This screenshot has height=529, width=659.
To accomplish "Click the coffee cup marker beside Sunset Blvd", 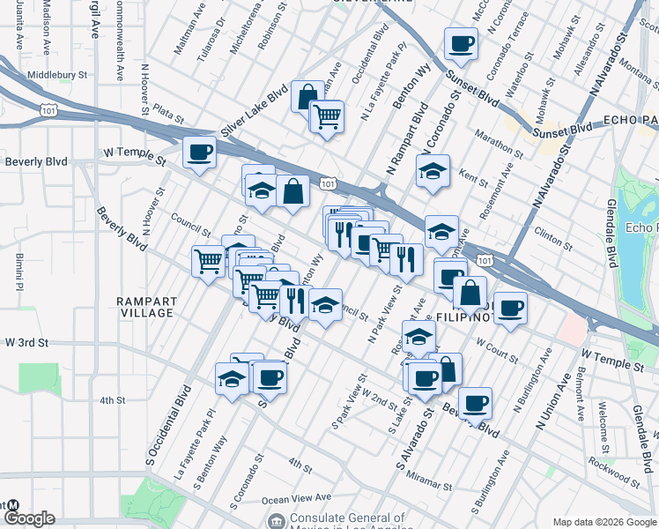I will pos(461,42).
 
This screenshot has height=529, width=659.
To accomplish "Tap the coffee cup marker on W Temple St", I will pos(198,152).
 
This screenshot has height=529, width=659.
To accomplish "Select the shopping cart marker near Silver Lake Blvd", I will pos(326,115).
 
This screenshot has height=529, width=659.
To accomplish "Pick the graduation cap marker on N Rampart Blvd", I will pos(433,170).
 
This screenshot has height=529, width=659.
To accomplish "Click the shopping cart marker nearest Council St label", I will pos(208,260).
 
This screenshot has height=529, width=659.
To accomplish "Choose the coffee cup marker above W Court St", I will pos(509,308).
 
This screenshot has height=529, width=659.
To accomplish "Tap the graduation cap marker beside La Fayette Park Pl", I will pos(231,379).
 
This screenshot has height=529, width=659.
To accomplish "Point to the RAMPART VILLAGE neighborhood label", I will pos(146,307).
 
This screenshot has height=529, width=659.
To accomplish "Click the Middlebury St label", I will pos(60,76).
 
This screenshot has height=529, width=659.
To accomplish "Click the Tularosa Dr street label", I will pos(211,34).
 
